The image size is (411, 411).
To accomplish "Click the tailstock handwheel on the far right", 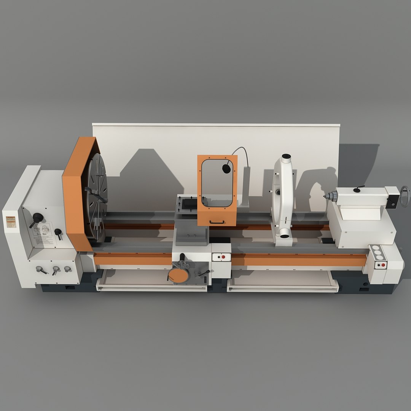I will coord(405,196).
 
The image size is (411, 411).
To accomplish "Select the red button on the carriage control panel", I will coord(223,257).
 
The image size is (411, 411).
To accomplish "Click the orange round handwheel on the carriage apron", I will coord(178,275).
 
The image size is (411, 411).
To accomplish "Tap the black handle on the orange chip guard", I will coord(217,222).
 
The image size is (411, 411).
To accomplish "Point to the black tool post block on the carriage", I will coord(190,203).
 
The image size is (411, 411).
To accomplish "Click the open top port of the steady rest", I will coord(286,156).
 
